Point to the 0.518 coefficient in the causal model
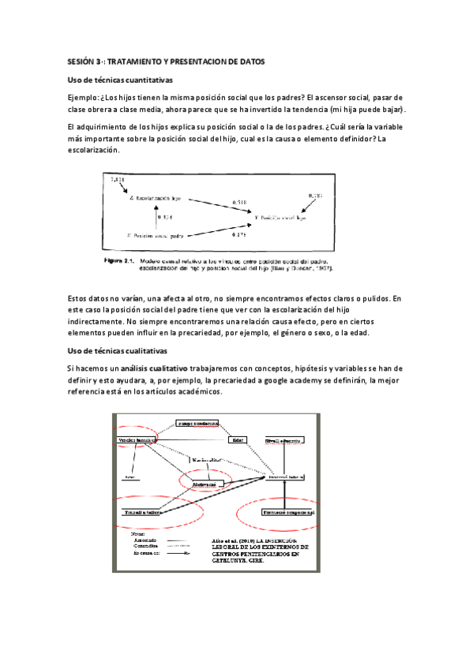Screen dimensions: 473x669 click(239, 203)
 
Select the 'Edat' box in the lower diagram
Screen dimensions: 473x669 click(238, 439)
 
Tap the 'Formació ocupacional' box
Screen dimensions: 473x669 click(289, 512)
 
